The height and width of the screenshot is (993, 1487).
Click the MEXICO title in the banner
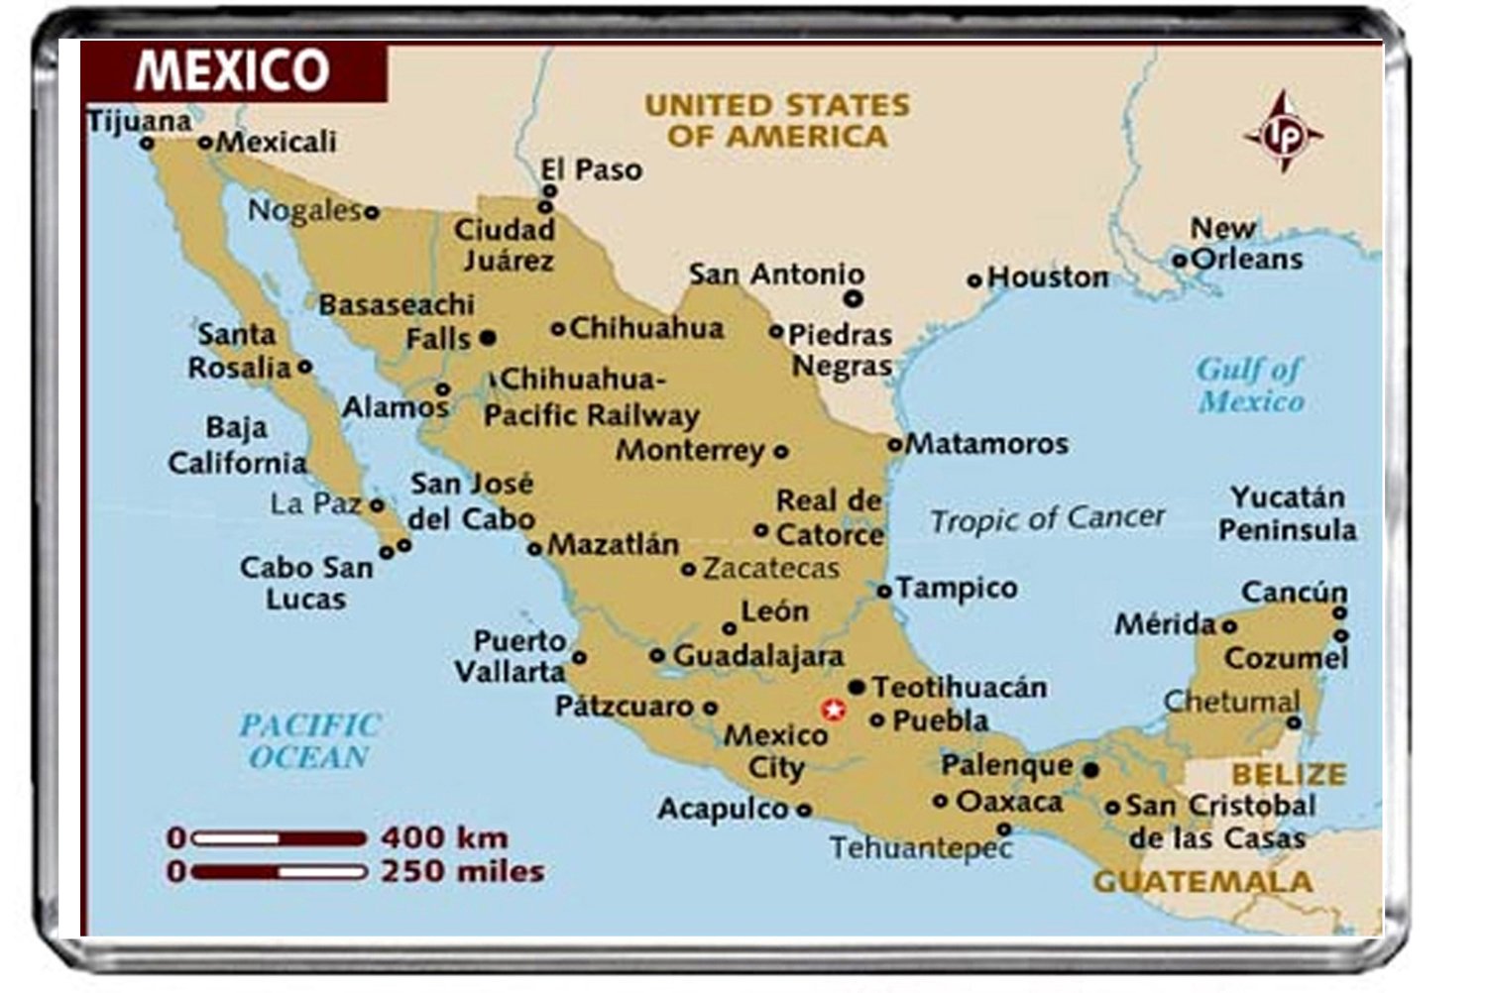click(232, 70)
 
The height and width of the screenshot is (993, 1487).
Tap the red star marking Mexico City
click(834, 710)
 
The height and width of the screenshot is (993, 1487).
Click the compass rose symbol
click(1284, 133)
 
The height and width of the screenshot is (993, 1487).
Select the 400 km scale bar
click(279, 838)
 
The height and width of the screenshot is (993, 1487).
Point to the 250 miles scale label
click(463, 872)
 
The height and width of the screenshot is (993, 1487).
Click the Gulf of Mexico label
click(1250, 385)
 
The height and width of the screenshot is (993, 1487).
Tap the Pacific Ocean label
click(309, 740)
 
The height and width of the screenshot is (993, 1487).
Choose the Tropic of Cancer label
click(1047, 518)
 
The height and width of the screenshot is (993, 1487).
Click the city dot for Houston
click(974, 281)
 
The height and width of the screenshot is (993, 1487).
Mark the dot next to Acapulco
click(804, 810)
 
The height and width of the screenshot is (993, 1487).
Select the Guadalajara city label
click(758, 655)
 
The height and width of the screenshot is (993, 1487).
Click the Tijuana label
click(139, 122)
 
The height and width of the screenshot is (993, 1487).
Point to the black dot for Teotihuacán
click(857, 687)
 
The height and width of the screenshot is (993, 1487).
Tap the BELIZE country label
click(1289, 773)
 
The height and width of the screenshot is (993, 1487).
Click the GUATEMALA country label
click(1202, 881)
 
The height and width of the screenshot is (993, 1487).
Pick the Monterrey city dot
click(781, 452)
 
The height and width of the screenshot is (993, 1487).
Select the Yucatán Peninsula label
click(1287, 512)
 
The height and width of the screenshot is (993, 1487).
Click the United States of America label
click(777, 120)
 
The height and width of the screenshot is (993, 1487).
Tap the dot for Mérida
click(1229, 625)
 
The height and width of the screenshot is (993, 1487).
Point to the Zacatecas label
click(771, 569)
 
